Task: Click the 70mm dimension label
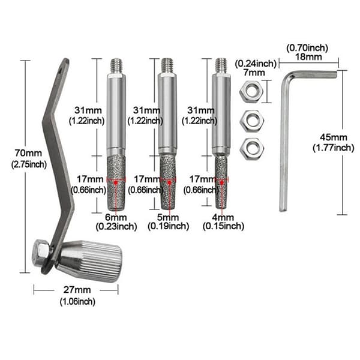pyautogui.click(x=28, y=153)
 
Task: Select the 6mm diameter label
pyautogui.click(x=116, y=217)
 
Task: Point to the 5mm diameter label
pyautogui.click(x=168, y=217)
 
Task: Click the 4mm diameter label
pyautogui.click(x=223, y=217)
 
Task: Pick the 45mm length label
pyautogui.click(x=334, y=137)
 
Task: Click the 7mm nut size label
pyautogui.click(x=254, y=73)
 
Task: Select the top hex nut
pyautogui.click(x=251, y=92)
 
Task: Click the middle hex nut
pyautogui.click(x=251, y=121)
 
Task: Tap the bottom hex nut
pyautogui.click(x=251, y=149)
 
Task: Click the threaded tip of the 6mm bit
pyautogui.click(x=116, y=65)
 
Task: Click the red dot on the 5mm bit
pyautogui.click(x=169, y=182)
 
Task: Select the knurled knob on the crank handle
pyautogui.click(x=89, y=261)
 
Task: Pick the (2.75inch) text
pyautogui.click(x=29, y=164)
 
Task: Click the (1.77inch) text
pyautogui.click(x=334, y=148)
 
